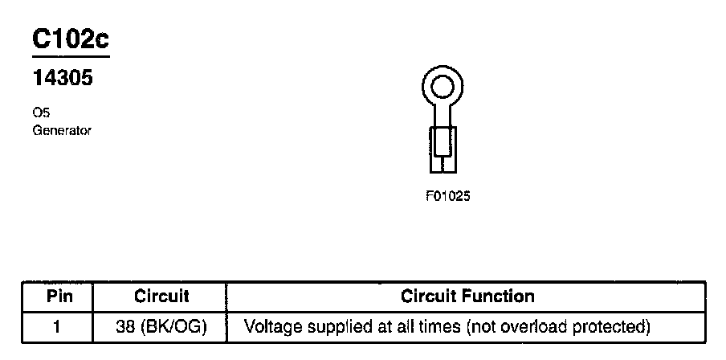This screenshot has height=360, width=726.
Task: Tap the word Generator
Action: (x=62, y=130)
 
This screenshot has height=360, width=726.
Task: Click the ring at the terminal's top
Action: (x=443, y=87)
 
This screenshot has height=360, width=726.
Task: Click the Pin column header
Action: (x=59, y=296)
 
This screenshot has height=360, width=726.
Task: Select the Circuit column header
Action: (x=161, y=296)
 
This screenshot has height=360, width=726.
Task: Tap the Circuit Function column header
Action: (x=467, y=296)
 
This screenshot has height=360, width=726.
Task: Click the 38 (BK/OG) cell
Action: (x=161, y=327)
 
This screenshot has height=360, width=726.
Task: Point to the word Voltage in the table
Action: (x=268, y=327)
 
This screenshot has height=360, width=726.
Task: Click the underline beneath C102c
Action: (x=70, y=58)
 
